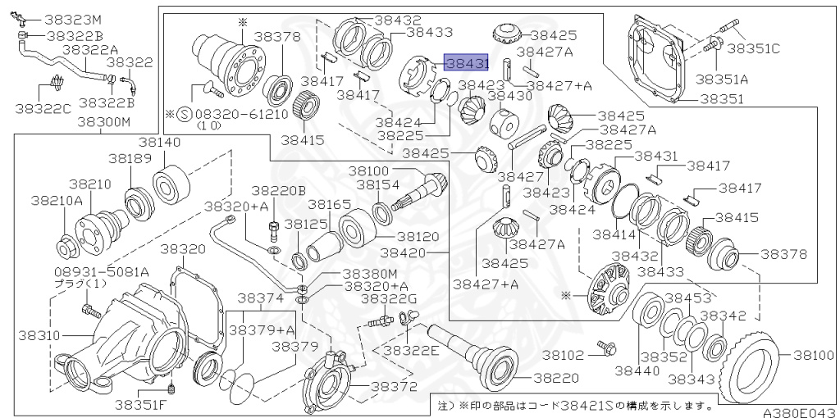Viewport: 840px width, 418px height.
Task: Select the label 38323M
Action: click(x=72, y=18)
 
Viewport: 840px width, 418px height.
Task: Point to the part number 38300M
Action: click(x=104, y=122)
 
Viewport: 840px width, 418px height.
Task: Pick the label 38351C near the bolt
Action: click(x=753, y=48)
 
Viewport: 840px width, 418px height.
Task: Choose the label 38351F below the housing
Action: click(x=139, y=402)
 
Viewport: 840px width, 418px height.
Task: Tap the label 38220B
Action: click(x=278, y=190)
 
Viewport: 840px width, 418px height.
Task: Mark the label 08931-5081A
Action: click(x=90, y=270)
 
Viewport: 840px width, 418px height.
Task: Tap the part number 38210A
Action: click(x=57, y=199)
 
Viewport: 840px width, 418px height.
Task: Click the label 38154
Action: click(x=378, y=184)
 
